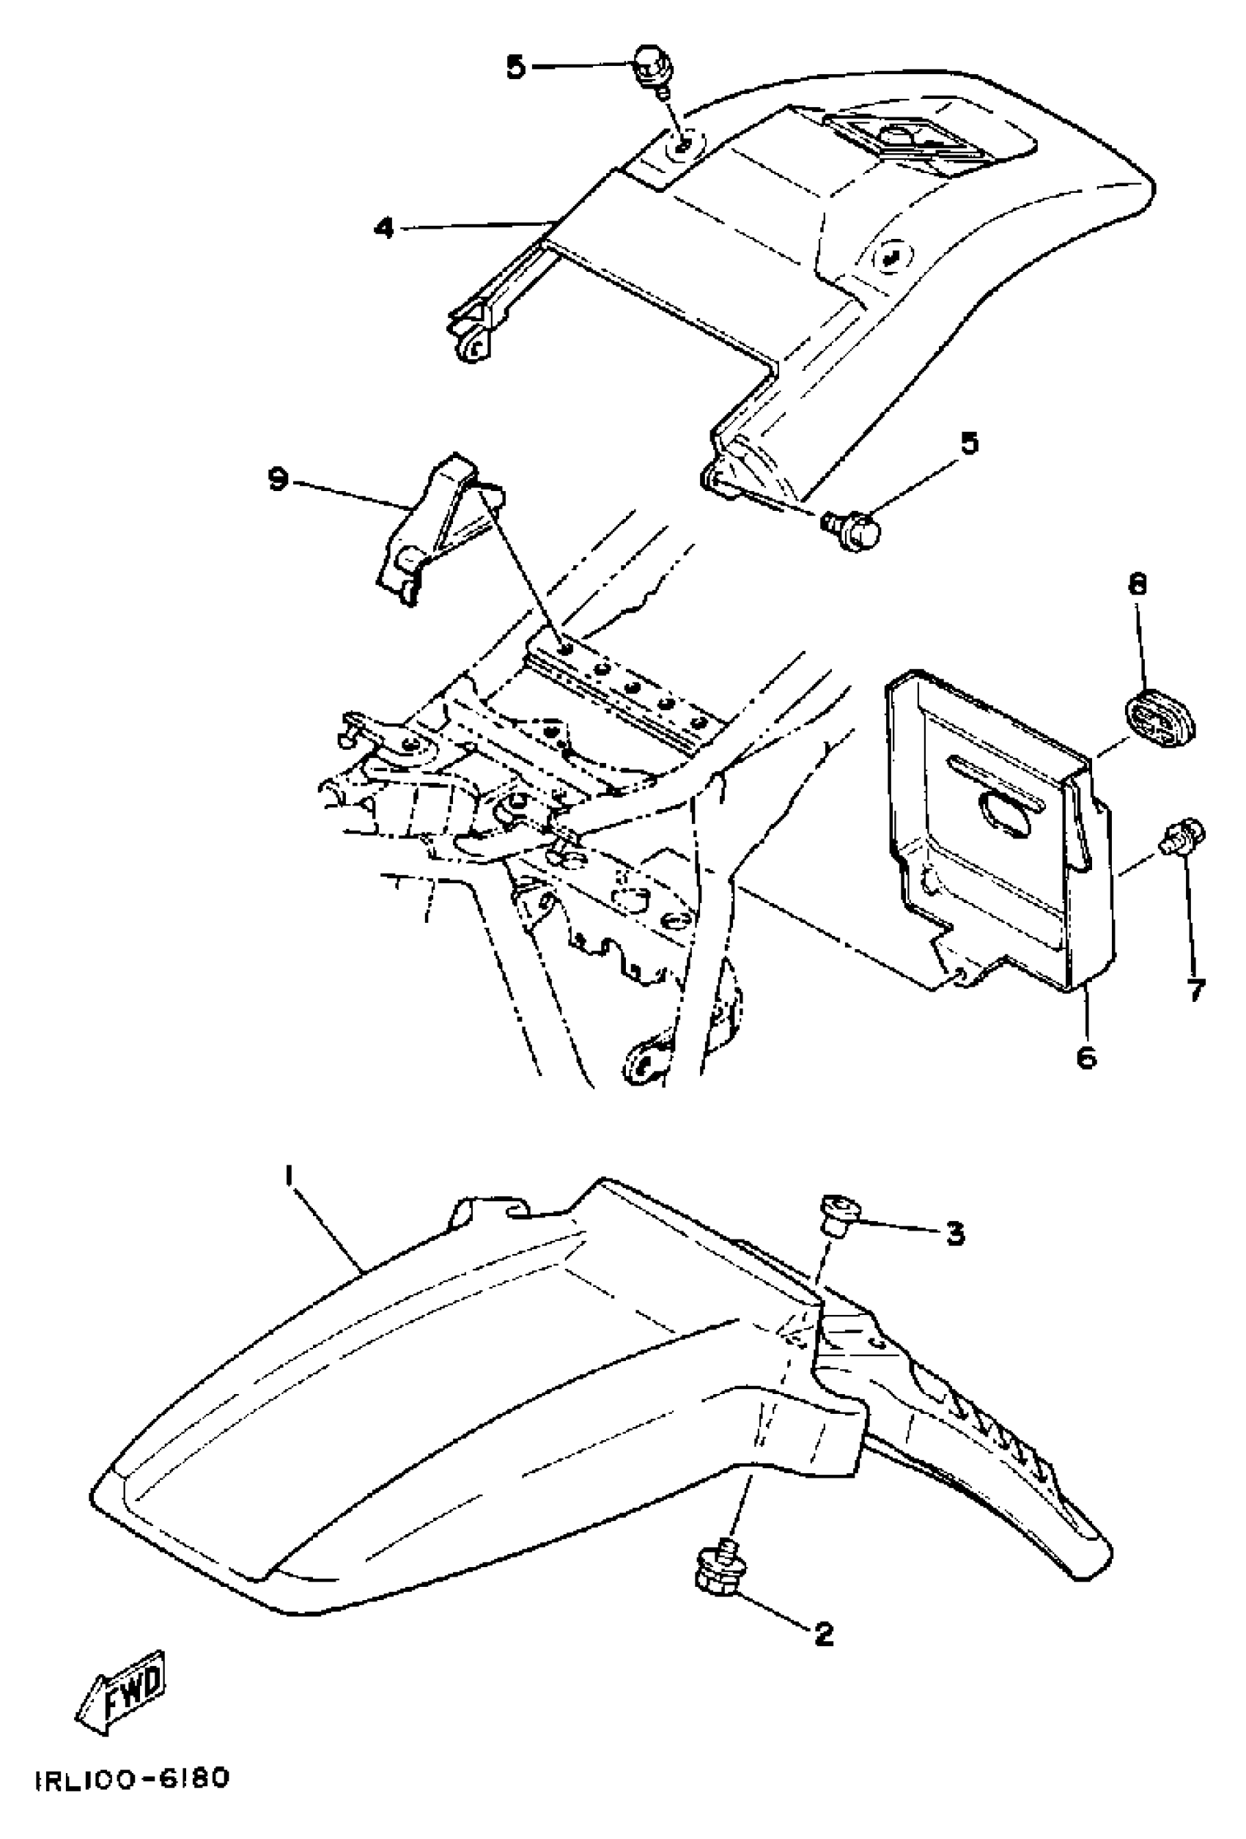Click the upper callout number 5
515,67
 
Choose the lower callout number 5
968,443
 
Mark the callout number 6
1087,1056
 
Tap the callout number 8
1137,586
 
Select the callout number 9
278,479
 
